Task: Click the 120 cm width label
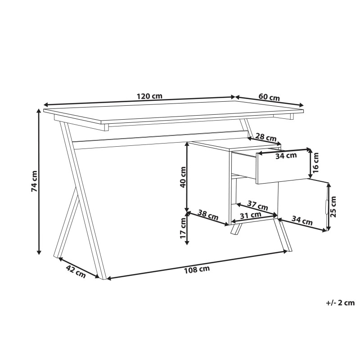150,96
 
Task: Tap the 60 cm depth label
269,97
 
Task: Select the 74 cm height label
34,181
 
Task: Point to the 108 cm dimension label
197,270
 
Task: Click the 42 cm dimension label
76,272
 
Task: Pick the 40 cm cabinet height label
183,177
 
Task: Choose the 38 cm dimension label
208,215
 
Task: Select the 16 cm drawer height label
316,162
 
